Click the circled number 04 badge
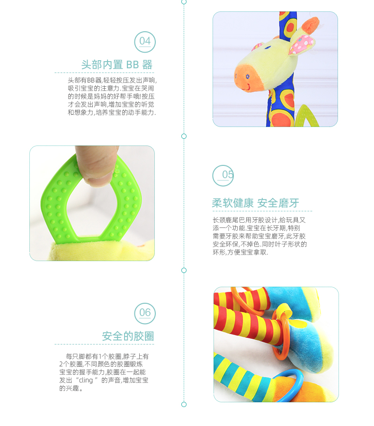[x=145, y=42]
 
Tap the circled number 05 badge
[x=223, y=175]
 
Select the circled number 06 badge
[x=145, y=314]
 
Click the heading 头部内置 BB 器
[x=117, y=64]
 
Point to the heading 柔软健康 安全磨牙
[x=255, y=203]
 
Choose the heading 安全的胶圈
[x=128, y=336]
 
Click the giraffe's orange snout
[x=247, y=78]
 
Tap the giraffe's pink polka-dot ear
[x=302, y=45]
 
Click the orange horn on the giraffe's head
[x=310, y=25]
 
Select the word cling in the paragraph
[x=86, y=380]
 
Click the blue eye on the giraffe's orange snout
[x=248, y=77]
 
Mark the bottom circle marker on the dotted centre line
[x=184, y=405]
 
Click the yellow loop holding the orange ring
[x=285, y=312]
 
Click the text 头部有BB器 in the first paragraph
[x=84, y=81]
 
